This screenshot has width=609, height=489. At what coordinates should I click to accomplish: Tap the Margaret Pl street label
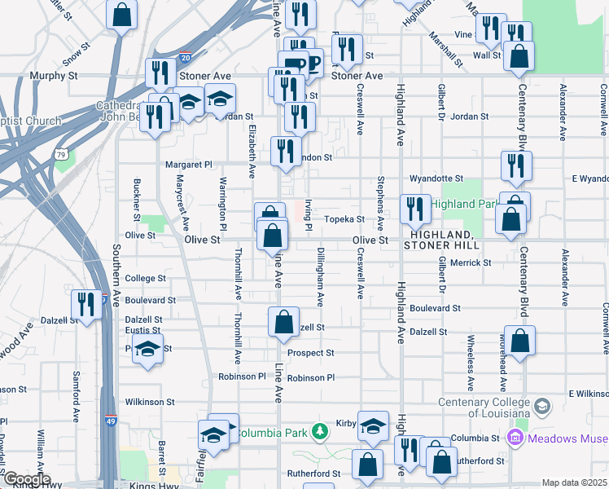point(188,164)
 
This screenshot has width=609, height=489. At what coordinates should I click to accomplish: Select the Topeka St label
point(344,219)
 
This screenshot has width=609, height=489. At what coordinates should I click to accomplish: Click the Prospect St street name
point(310,353)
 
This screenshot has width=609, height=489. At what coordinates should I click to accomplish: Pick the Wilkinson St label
point(150,402)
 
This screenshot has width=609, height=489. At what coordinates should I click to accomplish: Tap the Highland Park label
point(463,204)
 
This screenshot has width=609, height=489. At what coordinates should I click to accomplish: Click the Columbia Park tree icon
point(322,430)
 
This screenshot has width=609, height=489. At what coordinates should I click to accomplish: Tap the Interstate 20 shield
point(186,58)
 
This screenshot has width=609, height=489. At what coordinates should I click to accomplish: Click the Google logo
point(26,479)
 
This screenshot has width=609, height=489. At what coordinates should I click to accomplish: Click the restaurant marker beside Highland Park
point(414,210)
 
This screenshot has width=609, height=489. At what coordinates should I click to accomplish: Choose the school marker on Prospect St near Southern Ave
point(147,348)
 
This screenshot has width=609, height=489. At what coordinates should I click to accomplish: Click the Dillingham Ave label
point(320,276)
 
